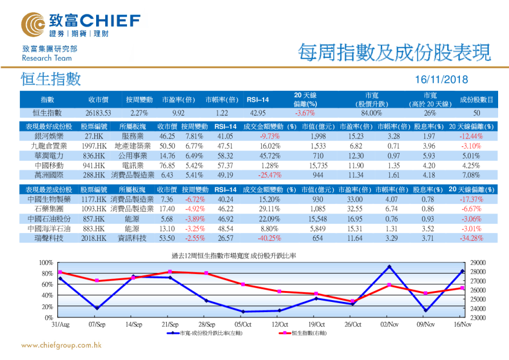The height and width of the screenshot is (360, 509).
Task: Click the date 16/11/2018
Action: (x=442, y=80)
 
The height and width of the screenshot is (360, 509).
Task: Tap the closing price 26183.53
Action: (x=98, y=113)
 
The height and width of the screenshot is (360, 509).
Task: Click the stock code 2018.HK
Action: (x=94, y=238)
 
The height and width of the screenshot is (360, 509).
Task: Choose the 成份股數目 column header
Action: (x=476, y=99)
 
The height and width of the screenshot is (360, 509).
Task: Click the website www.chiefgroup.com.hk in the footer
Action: (x=61, y=345)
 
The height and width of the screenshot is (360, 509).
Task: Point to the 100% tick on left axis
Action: (x=46, y=262)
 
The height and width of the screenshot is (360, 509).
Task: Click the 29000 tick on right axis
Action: (x=477, y=262)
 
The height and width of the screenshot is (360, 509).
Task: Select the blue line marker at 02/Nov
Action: (x=389, y=267)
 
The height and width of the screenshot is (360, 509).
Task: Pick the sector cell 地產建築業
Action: (x=133, y=146)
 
